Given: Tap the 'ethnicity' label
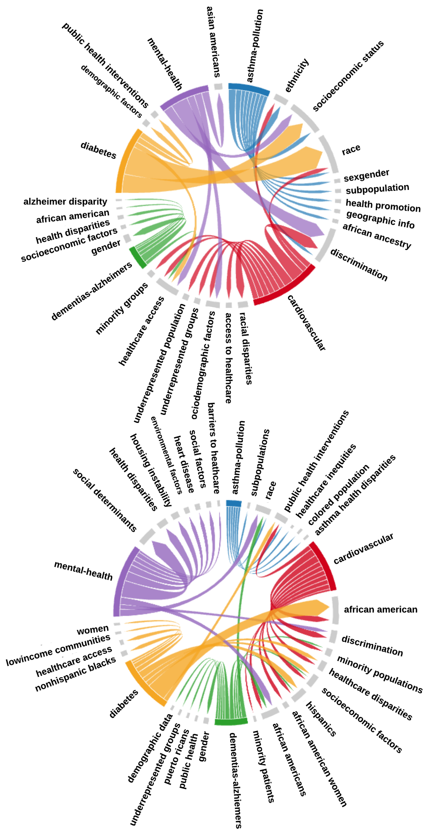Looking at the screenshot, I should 296,75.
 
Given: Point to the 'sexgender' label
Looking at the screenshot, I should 366,175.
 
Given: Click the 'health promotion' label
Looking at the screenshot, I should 383,206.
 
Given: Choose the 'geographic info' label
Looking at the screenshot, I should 380,219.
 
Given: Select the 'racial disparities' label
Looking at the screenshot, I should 246,348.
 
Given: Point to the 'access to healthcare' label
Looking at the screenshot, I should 229,358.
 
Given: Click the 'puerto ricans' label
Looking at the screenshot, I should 176,756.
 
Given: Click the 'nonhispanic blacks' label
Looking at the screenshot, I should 75,674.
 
